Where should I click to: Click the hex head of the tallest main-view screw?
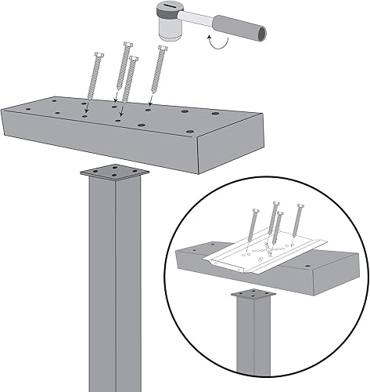click(x=128, y=46)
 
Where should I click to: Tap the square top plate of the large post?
click(x=113, y=172)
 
